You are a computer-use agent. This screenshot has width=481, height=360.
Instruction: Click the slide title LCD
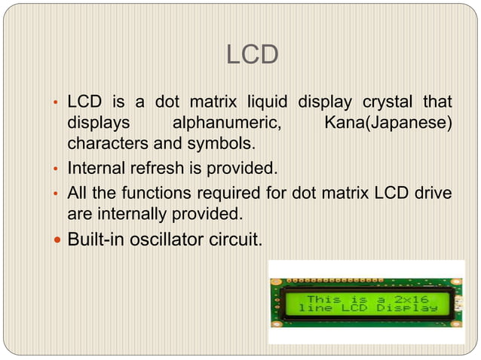tap(253, 54)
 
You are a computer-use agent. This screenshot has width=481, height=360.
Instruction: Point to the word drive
tap(432, 194)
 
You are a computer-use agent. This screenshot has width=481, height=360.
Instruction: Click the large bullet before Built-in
tap(56, 240)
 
